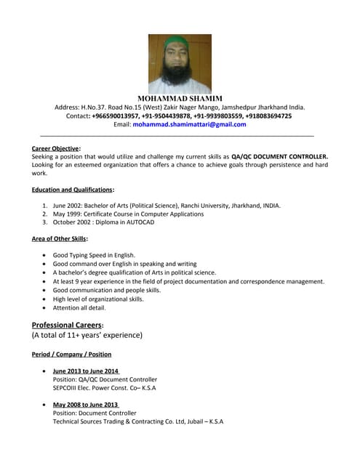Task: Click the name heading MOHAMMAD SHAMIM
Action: (x=180, y=98)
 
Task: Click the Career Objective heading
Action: (x=56, y=148)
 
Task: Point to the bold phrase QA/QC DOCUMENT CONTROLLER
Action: (x=279, y=156)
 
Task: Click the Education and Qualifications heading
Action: (x=73, y=190)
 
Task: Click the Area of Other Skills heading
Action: (x=60, y=238)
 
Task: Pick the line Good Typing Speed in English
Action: (x=94, y=256)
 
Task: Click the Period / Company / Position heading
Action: (x=71, y=355)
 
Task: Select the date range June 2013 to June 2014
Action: (x=86, y=371)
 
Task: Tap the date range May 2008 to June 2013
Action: (x=85, y=405)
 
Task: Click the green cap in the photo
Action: (x=179, y=42)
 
